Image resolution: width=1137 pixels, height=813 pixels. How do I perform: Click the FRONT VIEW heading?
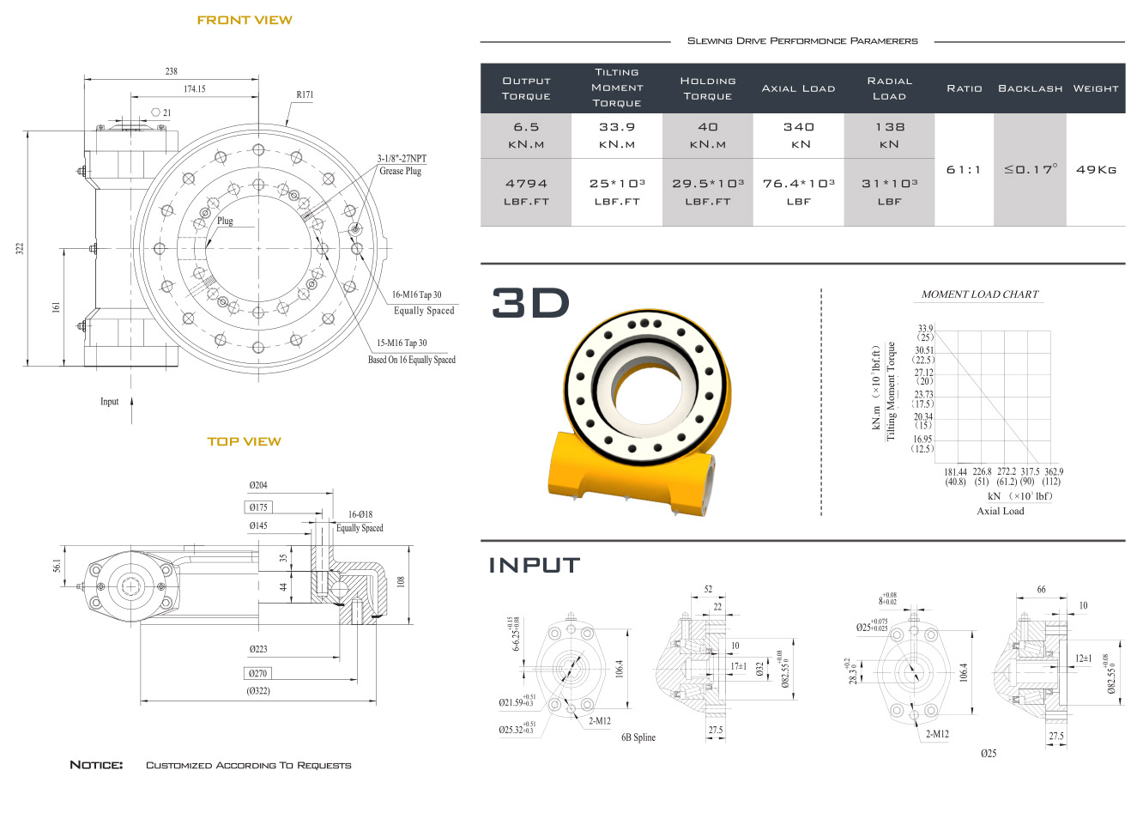tap(245, 21)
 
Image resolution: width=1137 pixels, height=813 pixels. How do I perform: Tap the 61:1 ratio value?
tap(964, 170)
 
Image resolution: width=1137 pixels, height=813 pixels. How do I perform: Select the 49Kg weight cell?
tap(1097, 170)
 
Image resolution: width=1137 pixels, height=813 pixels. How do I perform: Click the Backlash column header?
tap(1030, 88)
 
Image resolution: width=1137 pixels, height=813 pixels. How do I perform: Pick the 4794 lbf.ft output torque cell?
tap(526, 192)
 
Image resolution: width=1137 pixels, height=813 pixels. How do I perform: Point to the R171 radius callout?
tap(305, 95)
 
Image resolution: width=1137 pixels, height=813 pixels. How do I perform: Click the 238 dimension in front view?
tap(172, 71)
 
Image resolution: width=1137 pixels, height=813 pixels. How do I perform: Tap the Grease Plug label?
tap(401, 171)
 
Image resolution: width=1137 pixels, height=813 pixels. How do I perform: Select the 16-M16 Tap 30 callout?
tap(417, 294)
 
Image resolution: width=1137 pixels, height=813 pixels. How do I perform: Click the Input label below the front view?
tap(109, 402)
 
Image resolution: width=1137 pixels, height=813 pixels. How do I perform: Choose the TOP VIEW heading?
tap(245, 442)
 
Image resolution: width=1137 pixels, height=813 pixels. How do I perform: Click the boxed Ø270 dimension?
tap(257, 673)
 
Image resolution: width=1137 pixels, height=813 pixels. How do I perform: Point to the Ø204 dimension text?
tap(257, 485)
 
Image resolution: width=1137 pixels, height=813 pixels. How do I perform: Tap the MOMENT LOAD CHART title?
tap(980, 294)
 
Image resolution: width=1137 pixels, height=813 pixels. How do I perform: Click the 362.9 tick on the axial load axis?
tap(1054, 472)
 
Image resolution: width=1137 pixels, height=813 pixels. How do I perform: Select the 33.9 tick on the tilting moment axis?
tap(925, 329)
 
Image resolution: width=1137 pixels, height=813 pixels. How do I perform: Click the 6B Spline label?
tap(638, 737)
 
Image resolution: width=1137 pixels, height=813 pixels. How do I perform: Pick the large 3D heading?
tap(531, 303)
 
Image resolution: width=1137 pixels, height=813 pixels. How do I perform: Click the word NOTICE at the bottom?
tap(96, 765)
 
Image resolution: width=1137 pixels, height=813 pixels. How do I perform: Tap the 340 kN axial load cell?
tap(799, 136)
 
